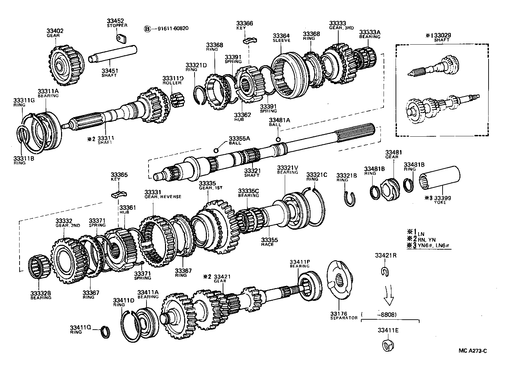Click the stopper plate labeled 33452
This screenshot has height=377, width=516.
click(x=120, y=38)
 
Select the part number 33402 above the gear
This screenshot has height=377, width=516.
click(x=55, y=31)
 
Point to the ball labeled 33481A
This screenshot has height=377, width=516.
click(x=278, y=139)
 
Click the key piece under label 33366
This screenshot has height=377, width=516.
click(x=248, y=40)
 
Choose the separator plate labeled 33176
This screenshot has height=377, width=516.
click(x=340, y=281)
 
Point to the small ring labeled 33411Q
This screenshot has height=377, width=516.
click(x=106, y=332)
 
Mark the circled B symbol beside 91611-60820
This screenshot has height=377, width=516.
click(x=148, y=29)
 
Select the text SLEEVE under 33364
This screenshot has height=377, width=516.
click(x=281, y=40)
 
